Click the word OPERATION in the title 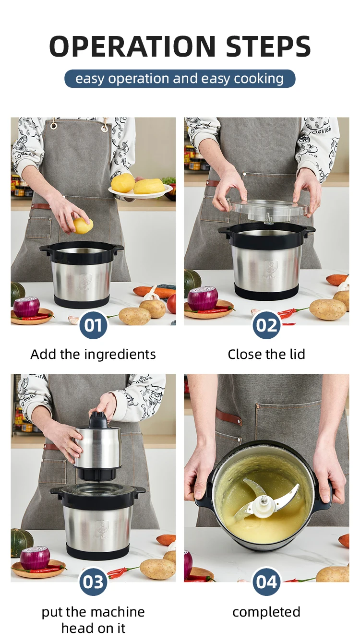coord(132,46)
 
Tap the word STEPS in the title coord(268,46)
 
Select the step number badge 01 coord(93,325)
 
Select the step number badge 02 coord(266,325)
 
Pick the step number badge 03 coord(93,582)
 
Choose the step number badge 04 coord(266,582)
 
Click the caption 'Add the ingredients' coord(93,355)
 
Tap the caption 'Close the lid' coord(266,354)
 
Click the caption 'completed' coord(266,612)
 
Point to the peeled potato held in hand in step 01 coord(83,226)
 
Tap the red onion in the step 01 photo coord(26,307)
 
